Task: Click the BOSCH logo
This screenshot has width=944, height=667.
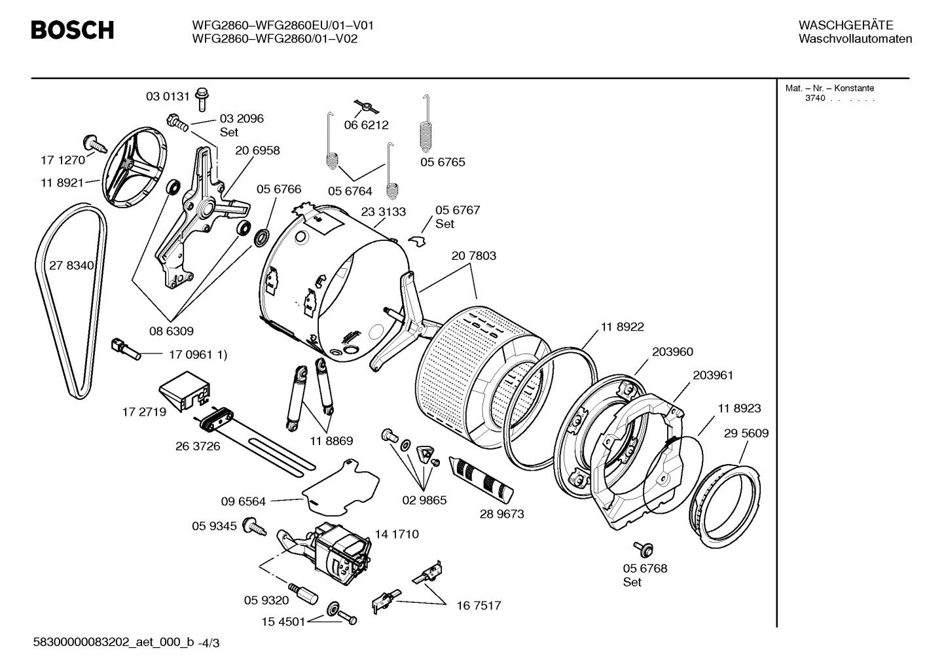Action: click(x=73, y=30)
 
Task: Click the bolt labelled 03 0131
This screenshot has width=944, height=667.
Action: click(x=202, y=98)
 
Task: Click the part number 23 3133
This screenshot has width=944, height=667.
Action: click(x=383, y=211)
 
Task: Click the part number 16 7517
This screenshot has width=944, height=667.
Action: click(x=479, y=605)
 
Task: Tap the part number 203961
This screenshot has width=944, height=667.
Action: click(x=713, y=375)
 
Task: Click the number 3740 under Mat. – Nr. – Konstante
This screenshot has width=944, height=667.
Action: click(x=815, y=98)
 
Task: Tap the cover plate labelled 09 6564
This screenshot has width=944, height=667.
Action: click(x=340, y=484)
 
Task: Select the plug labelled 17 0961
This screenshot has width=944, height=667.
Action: click(x=126, y=348)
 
